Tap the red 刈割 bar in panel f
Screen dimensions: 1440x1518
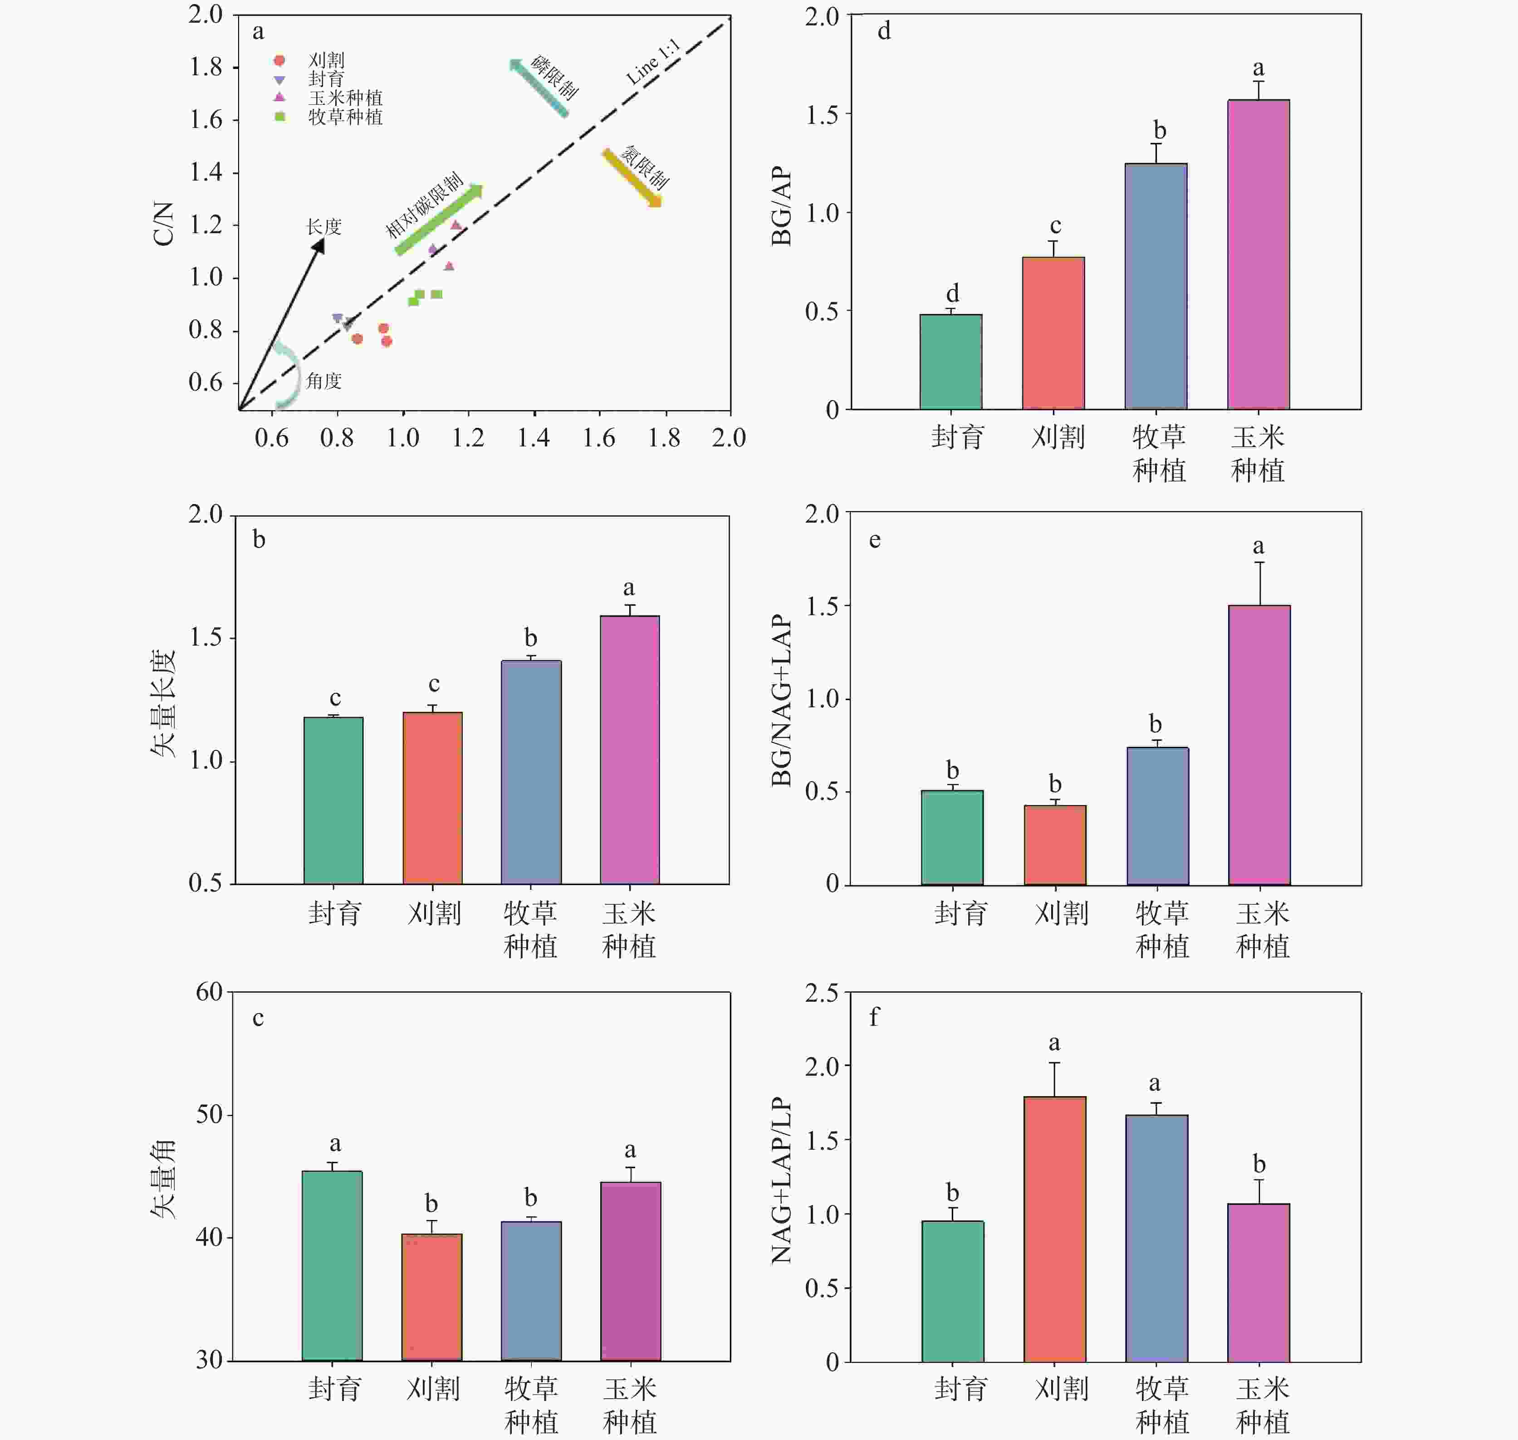[1054, 1228]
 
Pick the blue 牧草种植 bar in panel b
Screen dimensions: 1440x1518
[531, 771]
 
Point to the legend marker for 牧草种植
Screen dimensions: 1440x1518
[280, 117]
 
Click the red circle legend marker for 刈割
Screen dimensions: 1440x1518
[280, 60]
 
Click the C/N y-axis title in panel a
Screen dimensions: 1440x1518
[163, 223]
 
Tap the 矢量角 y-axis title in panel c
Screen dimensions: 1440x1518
[163, 1180]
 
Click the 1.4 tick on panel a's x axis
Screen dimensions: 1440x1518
[534, 438]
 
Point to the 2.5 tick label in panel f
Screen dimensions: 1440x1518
[822, 993]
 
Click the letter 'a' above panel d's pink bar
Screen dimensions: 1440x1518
[1258, 69]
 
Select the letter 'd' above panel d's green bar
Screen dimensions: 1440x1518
[952, 293]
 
